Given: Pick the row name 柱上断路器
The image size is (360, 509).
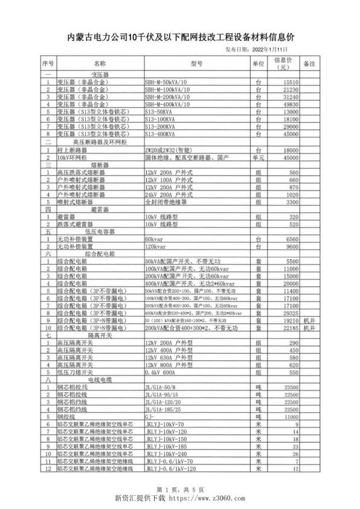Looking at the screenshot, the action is [72, 149].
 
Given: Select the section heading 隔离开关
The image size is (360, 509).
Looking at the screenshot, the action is [98, 334].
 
